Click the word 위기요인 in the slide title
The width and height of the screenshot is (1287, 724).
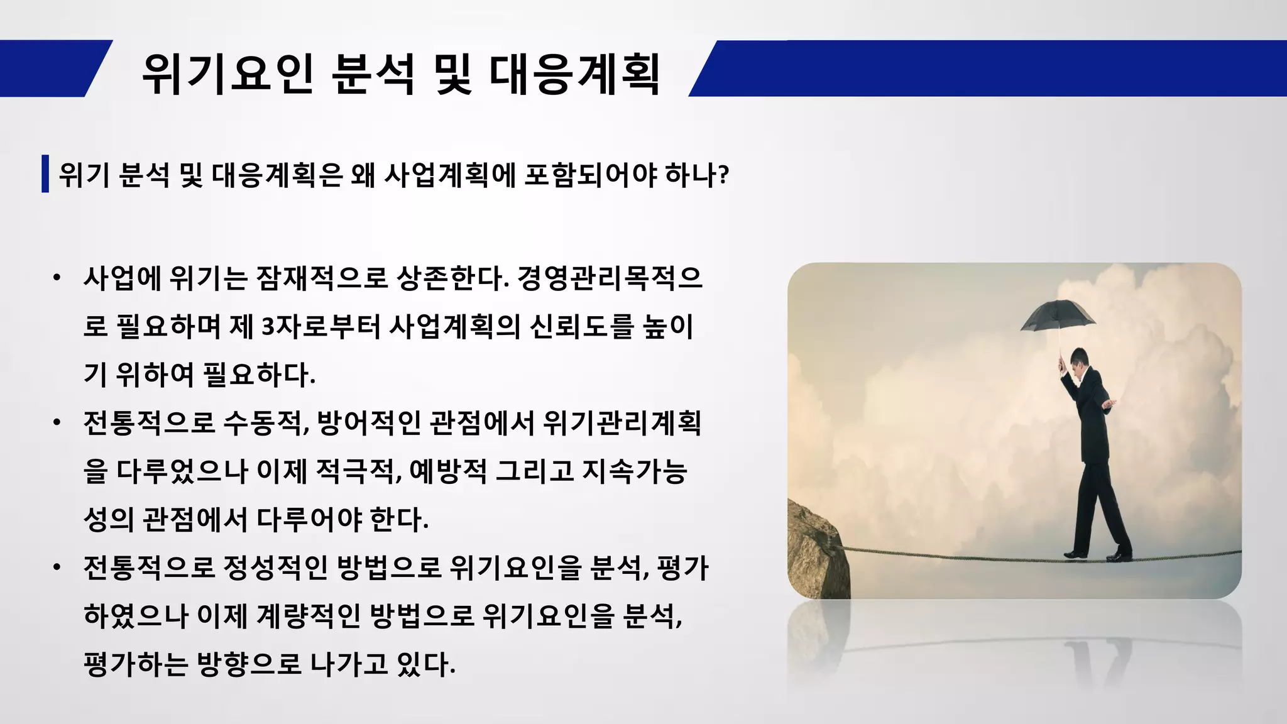pyautogui.click(x=227, y=74)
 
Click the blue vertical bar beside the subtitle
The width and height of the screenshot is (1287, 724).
pyautogui.click(x=45, y=173)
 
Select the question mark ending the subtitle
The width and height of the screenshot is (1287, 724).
pyautogui.click(x=723, y=175)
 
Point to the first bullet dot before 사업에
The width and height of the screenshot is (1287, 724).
pyautogui.click(x=57, y=278)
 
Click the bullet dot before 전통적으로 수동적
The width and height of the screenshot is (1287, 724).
pyautogui.click(x=57, y=422)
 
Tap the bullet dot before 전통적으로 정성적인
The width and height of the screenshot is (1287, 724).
pyautogui.click(x=57, y=568)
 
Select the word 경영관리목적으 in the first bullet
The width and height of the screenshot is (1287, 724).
pyautogui.click(x=610, y=278)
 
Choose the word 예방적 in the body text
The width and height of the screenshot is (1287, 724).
pyautogui.click(x=448, y=471)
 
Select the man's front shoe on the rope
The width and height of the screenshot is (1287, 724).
pyautogui.click(x=1119, y=556)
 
